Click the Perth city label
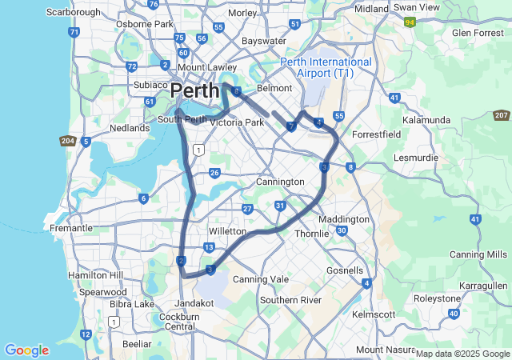pyautogui.click(x=194, y=90)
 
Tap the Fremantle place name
pyautogui.click(x=71, y=228)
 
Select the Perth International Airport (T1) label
pyautogui.click(x=326, y=67)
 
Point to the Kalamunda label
pyautogui.click(x=426, y=119)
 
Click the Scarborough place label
pyautogui.click(x=74, y=12)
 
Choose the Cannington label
pyautogui.click(x=280, y=182)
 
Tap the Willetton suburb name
pyautogui.click(x=228, y=230)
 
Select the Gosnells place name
pyautogui.click(x=345, y=270)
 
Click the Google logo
pyautogui.click(x=26, y=350)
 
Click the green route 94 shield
pyautogui.click(x=410, y=22)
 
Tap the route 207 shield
pyautogui.click(x=502, y=116)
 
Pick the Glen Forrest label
pyautogui.click(x=478, y=33)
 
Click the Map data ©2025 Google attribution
pyautogui.click(x=462, y=354)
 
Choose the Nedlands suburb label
pyautogui.click(x=130, y=128)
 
